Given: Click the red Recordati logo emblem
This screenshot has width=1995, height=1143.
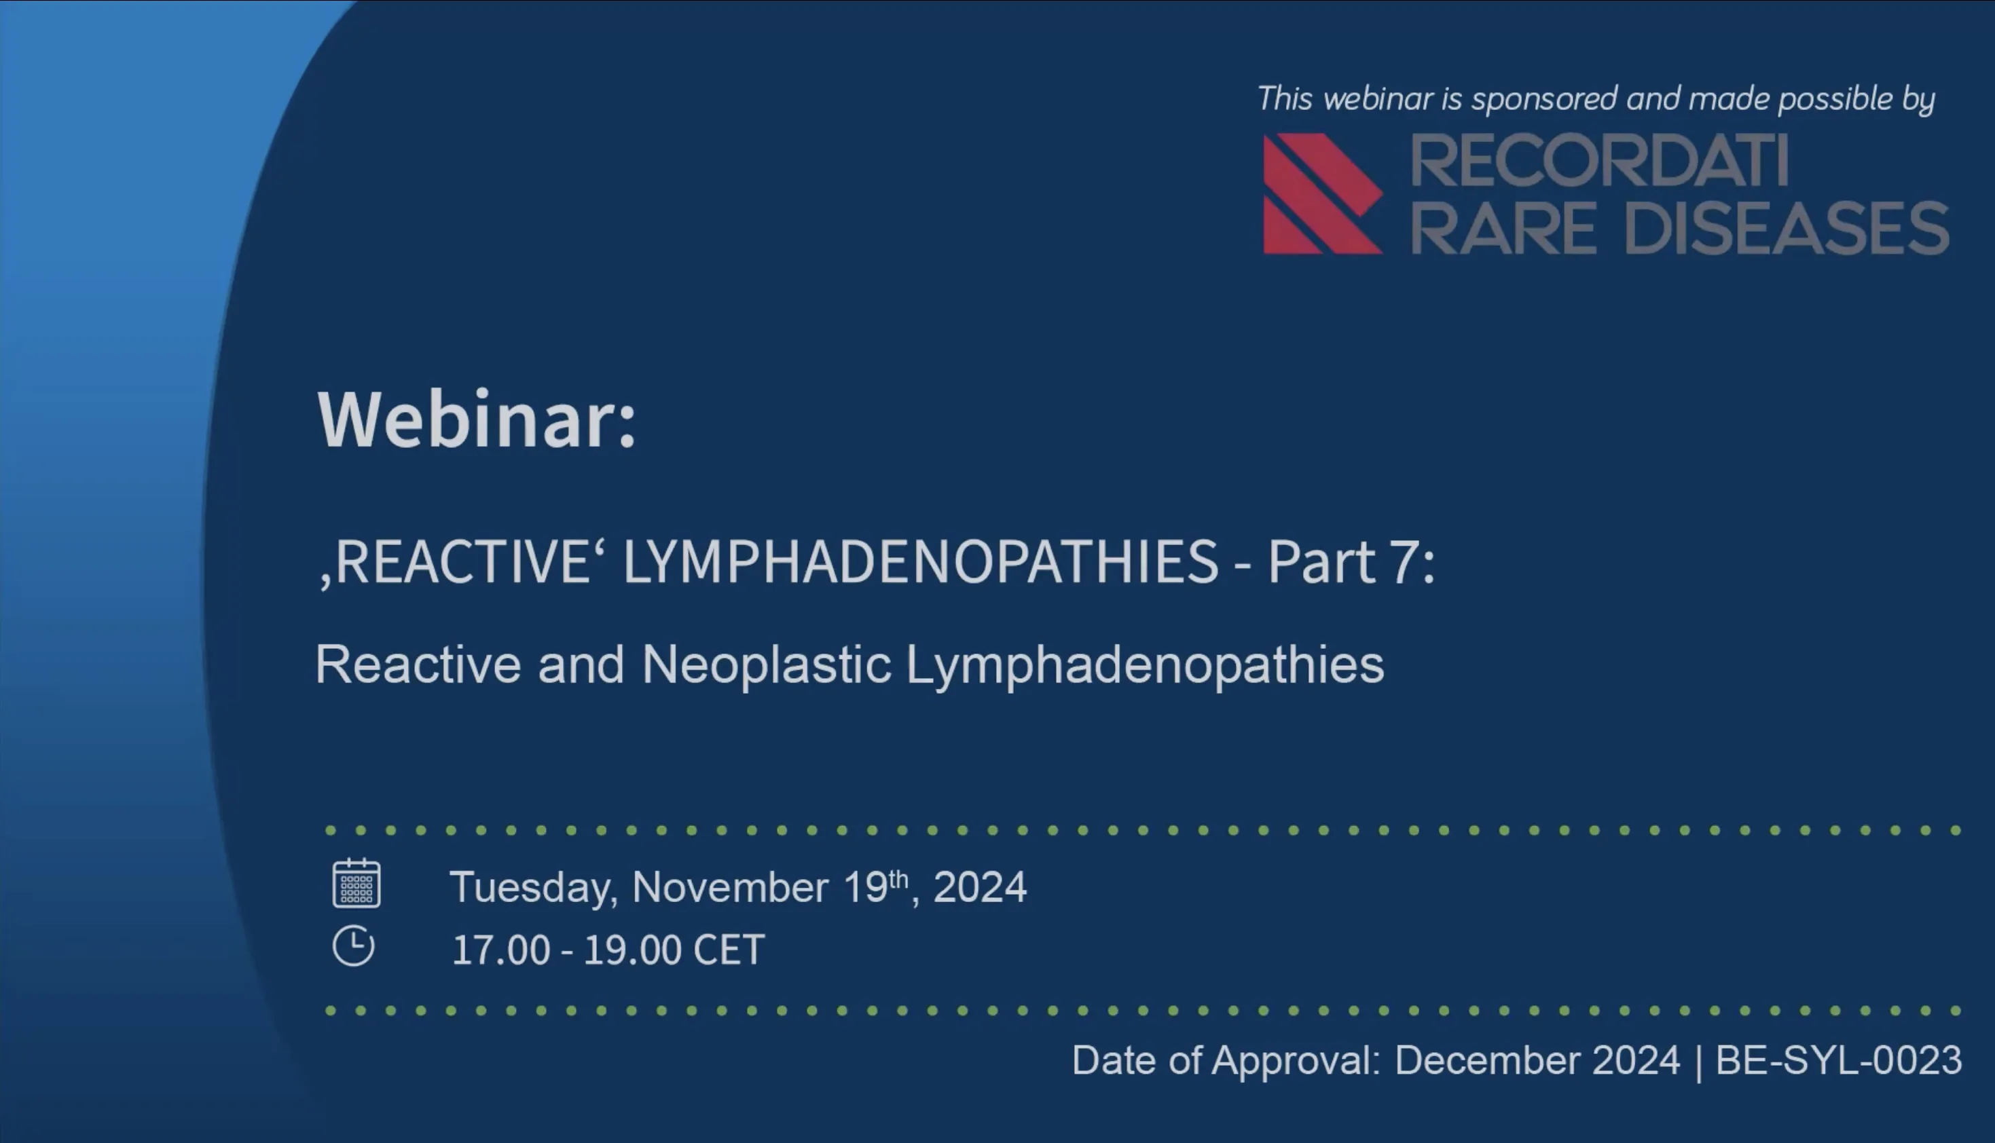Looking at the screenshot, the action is pyautogui.click(x=1322, y=194).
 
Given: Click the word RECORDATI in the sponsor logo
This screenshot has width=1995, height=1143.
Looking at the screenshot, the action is pyautogui.click(x=1599, y=161).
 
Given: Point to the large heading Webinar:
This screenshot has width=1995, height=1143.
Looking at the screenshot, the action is pyautogui.click(x=476, y=419).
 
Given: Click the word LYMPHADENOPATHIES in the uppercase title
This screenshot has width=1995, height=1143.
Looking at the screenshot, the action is pyautogui.click(x=920, y=562).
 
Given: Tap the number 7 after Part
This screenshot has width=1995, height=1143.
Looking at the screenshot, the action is pyautogui.click(x=1403, y=562).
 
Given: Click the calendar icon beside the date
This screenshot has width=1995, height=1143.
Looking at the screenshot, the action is pyautogui.click(x=356, y=883).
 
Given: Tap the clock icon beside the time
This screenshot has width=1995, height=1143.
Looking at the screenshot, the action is pyautogui.click(x=353, y=945).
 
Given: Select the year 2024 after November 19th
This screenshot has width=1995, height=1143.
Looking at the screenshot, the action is pyautogui.click(x=980, y=888).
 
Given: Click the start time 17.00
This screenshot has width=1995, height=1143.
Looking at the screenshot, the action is pyautogui.click(x=501, y=950).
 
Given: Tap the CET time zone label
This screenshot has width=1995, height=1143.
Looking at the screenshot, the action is pyautogui.click(x=729, y=950).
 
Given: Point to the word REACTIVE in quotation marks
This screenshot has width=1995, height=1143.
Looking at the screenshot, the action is pyautogui.click(x=463, y=562).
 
